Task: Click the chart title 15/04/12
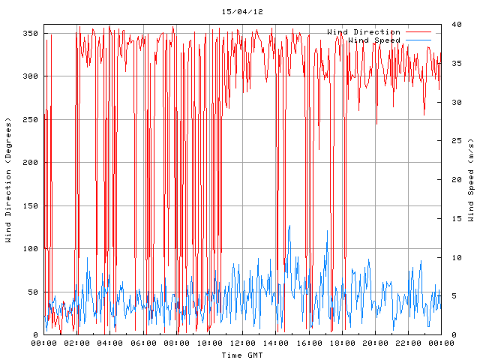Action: click(x=242, y=12)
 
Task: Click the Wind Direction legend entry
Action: click(x=364, y=31)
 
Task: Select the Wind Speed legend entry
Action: click(x=374, y=40)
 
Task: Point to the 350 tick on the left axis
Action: click(x=31, y=33)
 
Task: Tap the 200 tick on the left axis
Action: click(x=31, y=162)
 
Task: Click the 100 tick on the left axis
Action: click(x=31, y=248)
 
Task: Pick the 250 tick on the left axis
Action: click(x=31, y=119)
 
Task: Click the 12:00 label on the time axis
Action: click(x=242, y=343)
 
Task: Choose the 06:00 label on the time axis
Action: click(x=143, y=343)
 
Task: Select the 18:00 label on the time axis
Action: click(x=341, y=343)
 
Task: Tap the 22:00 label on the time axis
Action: click(x=407, y=343)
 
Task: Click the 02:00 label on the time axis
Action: click(x=77, y=343)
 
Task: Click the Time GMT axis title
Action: click(x=242, y=354)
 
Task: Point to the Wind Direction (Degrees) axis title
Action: click(x=9, y=180)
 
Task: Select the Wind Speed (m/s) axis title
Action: click(x=471, y=180)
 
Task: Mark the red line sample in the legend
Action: click(x=422, y=31)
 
